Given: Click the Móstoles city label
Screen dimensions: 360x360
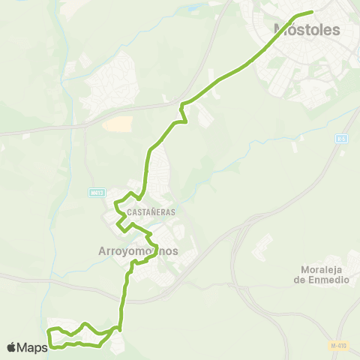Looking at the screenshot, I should [307, 31].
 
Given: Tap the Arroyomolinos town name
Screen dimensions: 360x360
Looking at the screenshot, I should [139, 251].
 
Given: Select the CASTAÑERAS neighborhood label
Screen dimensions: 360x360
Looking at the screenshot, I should [152, 212].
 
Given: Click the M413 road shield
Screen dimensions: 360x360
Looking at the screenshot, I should [95, 192].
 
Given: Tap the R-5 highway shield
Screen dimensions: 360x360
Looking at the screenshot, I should [341, 139].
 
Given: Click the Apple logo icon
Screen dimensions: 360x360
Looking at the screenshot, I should [11, 347].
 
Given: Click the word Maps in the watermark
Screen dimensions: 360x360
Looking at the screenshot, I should [32, 347].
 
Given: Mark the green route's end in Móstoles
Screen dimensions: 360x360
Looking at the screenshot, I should [311, 11].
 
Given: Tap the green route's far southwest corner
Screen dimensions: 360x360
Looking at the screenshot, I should [51, 347].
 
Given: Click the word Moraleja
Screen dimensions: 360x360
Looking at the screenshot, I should [320, 268].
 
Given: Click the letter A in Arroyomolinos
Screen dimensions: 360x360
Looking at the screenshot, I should [103, 251].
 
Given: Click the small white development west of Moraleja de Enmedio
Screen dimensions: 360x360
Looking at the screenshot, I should [264, 242].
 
